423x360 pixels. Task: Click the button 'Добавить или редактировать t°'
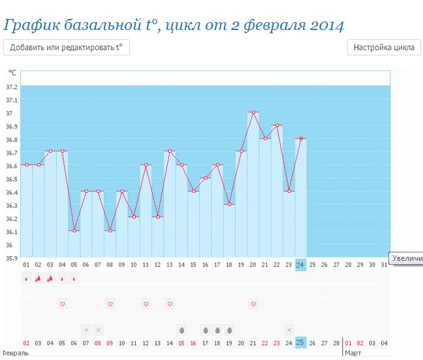click(x=67, y=47)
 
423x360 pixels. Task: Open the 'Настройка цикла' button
click(x=383, y=47)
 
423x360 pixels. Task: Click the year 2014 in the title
click(x=321, y=25)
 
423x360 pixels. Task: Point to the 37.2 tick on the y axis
click(x=11, y=87)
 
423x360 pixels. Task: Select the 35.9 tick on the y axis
click(x=11, y=258)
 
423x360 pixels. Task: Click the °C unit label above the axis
click(x=12, y=72)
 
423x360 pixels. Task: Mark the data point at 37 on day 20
click(x=253, y=112)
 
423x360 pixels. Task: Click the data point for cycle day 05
click(x=74, y=231)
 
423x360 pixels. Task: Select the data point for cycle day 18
click(x=229, y=204)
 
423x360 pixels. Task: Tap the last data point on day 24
click(x=301, y=138)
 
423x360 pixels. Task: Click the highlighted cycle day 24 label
click(x=300, y=265)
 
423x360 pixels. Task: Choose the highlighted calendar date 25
click(x=300, y=342)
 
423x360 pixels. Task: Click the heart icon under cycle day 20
click(x=253, y=304)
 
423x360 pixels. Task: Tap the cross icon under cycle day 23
click(x=289, y=329)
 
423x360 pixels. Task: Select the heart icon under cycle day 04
click(x=63, y=304)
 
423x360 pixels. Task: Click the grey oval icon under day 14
click(x=181, y=329)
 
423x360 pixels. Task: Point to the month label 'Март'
click(x=353, y=352)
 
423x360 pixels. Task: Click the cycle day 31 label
click(x=384, y=265)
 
